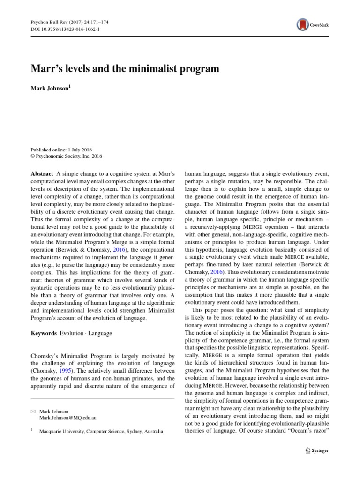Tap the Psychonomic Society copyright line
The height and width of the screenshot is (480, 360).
coord(66,157)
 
